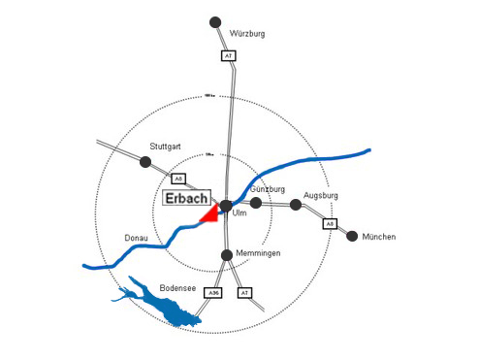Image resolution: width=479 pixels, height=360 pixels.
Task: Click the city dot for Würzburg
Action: coord(215,21)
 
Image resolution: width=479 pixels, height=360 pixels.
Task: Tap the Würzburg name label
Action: coord(247,34)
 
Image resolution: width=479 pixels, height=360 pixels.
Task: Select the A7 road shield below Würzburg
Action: coord(228,56)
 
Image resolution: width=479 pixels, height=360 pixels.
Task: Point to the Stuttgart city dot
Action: coord(145,161)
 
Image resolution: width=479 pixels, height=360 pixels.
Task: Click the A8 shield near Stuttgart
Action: coord(178,179)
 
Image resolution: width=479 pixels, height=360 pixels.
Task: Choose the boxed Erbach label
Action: coord(186,198)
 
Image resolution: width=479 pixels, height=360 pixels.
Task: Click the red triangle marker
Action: coord(209,215)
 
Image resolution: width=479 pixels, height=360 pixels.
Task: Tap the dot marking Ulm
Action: coord(226,206)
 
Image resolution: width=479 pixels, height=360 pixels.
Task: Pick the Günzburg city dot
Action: coord(256,204)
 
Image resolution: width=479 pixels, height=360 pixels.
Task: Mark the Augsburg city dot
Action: coord(296,205)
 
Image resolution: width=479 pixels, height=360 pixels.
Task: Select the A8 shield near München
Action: coord(330,223)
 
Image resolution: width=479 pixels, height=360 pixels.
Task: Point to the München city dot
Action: coord(352,236)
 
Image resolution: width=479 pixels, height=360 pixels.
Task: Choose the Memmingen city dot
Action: coord(226,255)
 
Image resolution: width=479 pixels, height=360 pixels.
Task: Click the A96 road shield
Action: coord(215,292)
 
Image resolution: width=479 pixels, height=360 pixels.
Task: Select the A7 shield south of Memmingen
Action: coord(244,292)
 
